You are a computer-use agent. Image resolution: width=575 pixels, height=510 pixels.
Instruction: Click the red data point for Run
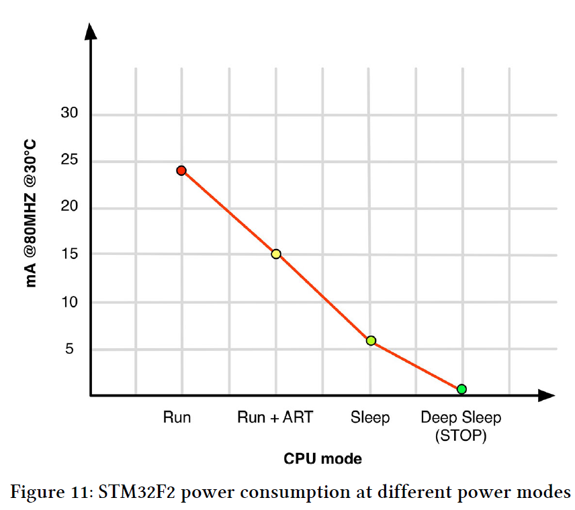click(x=181, y=170)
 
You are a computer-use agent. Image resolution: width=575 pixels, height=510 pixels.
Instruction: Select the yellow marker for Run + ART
click(x=275, y=254)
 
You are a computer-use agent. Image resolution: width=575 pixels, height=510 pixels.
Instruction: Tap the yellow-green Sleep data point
click(x=371, y=340)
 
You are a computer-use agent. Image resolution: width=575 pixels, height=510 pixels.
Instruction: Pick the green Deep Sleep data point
click(x=461, y=389)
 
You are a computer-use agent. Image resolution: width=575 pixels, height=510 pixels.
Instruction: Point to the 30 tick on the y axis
click(x=69, y=113)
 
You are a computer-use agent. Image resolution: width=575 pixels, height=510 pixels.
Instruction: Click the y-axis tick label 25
click(x=69, y=160)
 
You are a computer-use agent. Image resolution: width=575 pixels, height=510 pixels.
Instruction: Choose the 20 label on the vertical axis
click(x=69, y=207)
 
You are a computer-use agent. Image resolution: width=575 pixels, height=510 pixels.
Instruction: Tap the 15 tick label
click(x=69, y=254)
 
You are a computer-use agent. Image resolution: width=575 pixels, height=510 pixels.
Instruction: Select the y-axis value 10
click(x=69, y=302)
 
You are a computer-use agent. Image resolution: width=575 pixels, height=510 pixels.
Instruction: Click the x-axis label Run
click(x=177, y=417)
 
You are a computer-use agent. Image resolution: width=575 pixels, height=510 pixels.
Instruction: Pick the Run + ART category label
click(x=275, y=417)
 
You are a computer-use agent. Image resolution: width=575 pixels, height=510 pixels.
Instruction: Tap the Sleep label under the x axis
click(x=370, y=417)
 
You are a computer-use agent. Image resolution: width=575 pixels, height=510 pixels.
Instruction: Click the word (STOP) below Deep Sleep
click(x=461, y=436)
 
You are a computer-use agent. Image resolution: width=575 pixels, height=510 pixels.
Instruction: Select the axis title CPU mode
click(x=322, y=460)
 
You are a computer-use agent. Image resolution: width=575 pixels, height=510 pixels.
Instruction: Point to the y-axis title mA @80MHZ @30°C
click(x=31, y=213)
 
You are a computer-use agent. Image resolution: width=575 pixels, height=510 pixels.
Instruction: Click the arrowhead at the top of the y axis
click(x=91, y=30)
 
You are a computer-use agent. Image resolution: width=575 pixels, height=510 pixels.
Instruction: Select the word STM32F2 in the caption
click(x=138, y=492)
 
